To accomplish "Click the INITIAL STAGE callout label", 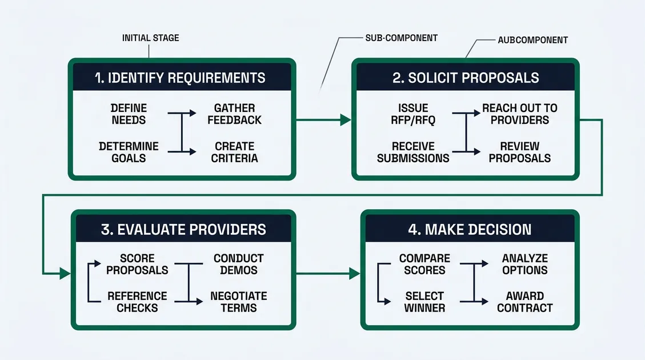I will (150, 38).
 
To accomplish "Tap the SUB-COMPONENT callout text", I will (401, 38).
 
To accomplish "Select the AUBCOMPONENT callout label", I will (532, 40).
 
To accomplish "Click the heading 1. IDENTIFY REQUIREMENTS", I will (181, 78).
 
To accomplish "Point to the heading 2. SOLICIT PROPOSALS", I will (466, 78).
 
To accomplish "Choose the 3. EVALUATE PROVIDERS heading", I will (183, 230).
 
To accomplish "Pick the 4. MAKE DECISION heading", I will (470, 230).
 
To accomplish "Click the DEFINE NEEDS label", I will (129, 114).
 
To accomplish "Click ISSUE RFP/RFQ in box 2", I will (413, 114).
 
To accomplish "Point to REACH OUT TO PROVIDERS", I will (519, 114).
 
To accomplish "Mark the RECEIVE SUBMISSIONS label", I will (413, 152).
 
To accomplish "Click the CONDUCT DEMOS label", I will (238, 265).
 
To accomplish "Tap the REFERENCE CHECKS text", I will (137, 302).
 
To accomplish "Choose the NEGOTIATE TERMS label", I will (238, 302).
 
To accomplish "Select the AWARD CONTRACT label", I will (524, 302).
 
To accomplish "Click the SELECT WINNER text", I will (424, 302).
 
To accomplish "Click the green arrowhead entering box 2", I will (346, 120).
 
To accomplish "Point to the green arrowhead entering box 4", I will (354, 274).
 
